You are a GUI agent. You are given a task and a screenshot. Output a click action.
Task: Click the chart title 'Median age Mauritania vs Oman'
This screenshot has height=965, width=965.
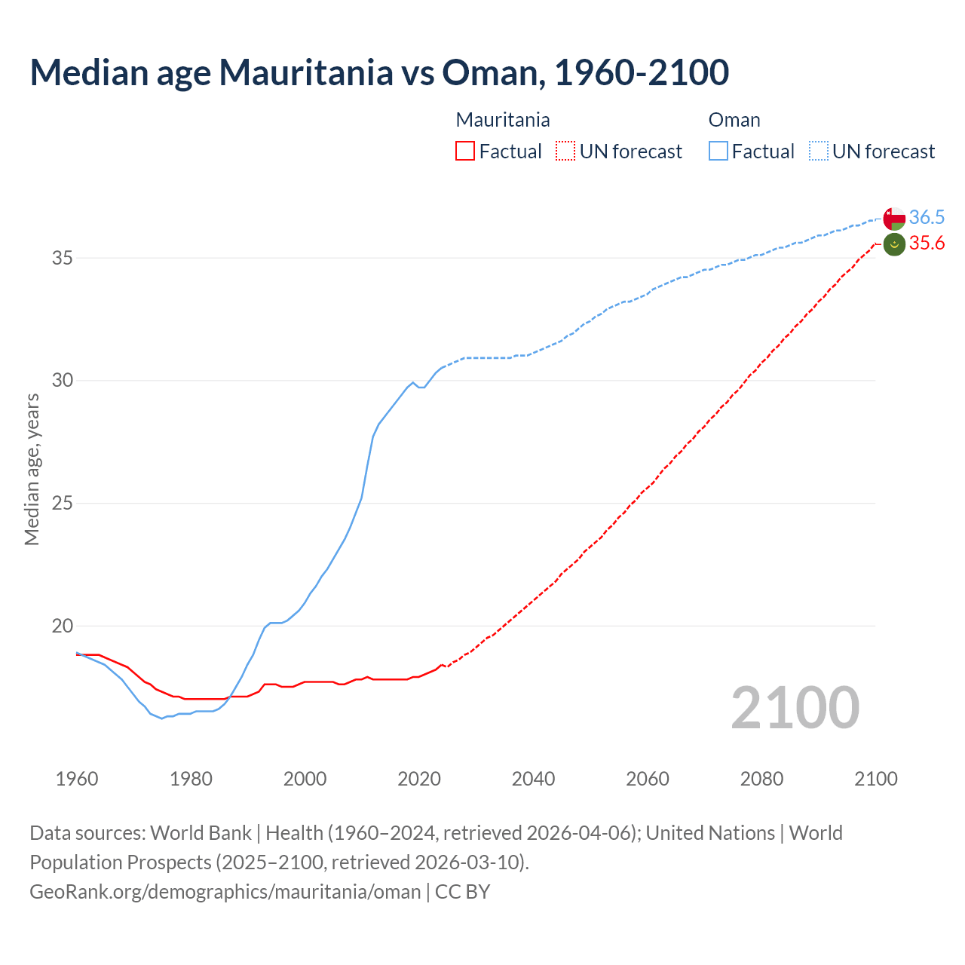tap(379, 72)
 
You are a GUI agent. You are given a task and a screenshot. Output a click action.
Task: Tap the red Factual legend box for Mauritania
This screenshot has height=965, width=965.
tap(465, 152)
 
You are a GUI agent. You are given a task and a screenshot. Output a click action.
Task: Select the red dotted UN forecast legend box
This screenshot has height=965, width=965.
tap(565, 152)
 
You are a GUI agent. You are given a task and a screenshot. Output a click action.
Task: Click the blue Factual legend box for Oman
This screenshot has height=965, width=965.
tap(718, 152)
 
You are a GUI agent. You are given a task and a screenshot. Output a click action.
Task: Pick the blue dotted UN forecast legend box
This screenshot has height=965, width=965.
tap(819, 152)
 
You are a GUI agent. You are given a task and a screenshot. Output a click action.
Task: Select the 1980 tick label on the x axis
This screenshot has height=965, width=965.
tap(191, 779)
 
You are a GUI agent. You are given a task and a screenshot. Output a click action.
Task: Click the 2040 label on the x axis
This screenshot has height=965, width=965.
tap(533, 779)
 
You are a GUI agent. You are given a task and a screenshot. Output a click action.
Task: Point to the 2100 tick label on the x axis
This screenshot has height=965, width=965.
tap(875, 779)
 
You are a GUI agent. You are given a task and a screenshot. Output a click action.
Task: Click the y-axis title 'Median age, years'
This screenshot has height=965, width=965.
tap(32, 469)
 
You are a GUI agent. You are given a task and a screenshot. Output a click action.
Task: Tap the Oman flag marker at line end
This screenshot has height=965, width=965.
tap(894, 219)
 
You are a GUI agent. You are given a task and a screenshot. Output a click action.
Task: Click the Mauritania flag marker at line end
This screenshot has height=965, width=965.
tap(894, 244)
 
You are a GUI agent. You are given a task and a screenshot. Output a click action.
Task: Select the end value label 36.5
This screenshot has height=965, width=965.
tap(927, 218)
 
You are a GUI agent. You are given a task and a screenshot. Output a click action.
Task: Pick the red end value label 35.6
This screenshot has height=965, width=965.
tap(927, 244)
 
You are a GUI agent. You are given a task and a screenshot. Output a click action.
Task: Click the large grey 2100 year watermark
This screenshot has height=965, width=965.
tap(795, 707)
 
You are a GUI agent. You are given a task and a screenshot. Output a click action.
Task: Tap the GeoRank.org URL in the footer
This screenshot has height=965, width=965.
tap(225, 892)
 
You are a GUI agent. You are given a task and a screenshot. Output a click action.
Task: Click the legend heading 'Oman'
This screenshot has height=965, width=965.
tap(734, 120)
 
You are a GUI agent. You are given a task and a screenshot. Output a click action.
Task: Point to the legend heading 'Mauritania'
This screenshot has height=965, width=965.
tap(503, 120)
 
